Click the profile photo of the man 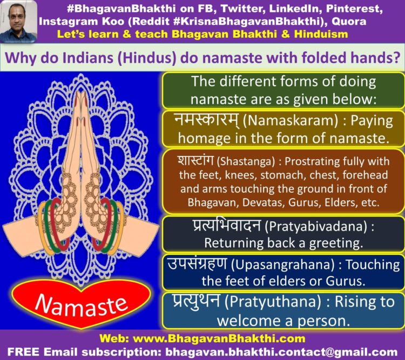[x=18, y=22]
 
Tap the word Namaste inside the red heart [x=81, y=305]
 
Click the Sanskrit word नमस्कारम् [x=207, y=121]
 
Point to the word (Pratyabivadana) [x=316, y=227]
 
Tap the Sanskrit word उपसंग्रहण [x=197, y=264]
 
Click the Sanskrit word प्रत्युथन [x=196, y=301]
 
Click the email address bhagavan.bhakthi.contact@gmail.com [x=281, y=352]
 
